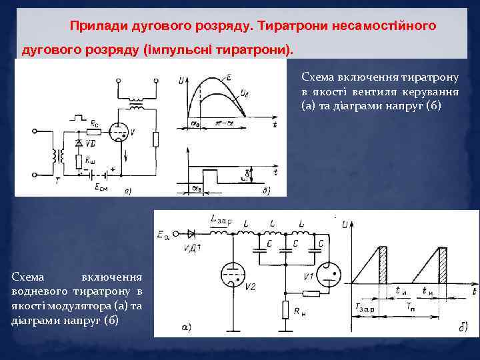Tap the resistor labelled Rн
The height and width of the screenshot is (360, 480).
click(x=286, y=311)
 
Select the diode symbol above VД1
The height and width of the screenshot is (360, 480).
click(x=192, y=233)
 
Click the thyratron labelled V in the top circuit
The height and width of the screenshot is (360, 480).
click(x=121, y=132)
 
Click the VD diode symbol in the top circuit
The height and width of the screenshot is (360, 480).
click(x=80, y=144)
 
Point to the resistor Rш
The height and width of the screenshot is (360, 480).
click(x=80, y=161)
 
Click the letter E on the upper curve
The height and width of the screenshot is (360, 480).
click(x=228, y=78)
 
